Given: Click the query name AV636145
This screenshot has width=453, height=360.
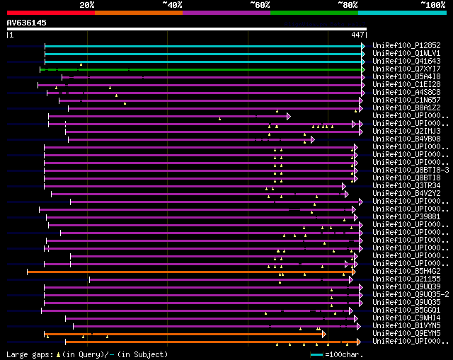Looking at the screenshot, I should point(26,23).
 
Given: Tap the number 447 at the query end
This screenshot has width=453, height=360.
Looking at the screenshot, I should point(357,34).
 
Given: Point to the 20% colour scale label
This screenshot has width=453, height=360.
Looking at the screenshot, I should point(87,4).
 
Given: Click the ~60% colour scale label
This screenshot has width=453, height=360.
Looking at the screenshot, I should point(260,4).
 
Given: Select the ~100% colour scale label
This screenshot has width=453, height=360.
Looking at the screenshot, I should point(433,4).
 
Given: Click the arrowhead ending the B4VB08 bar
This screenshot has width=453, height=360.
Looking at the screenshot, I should point(312,139).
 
